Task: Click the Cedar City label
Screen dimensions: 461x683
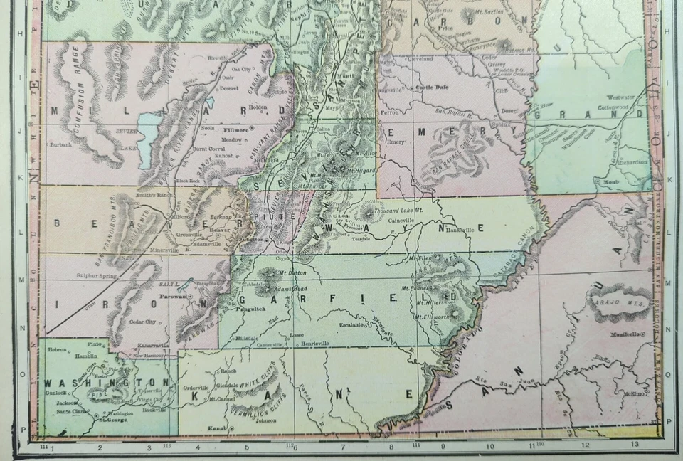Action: point(142,322)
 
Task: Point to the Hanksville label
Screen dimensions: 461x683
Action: point(460,231)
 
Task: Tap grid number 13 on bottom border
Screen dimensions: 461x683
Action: point(635,445)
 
